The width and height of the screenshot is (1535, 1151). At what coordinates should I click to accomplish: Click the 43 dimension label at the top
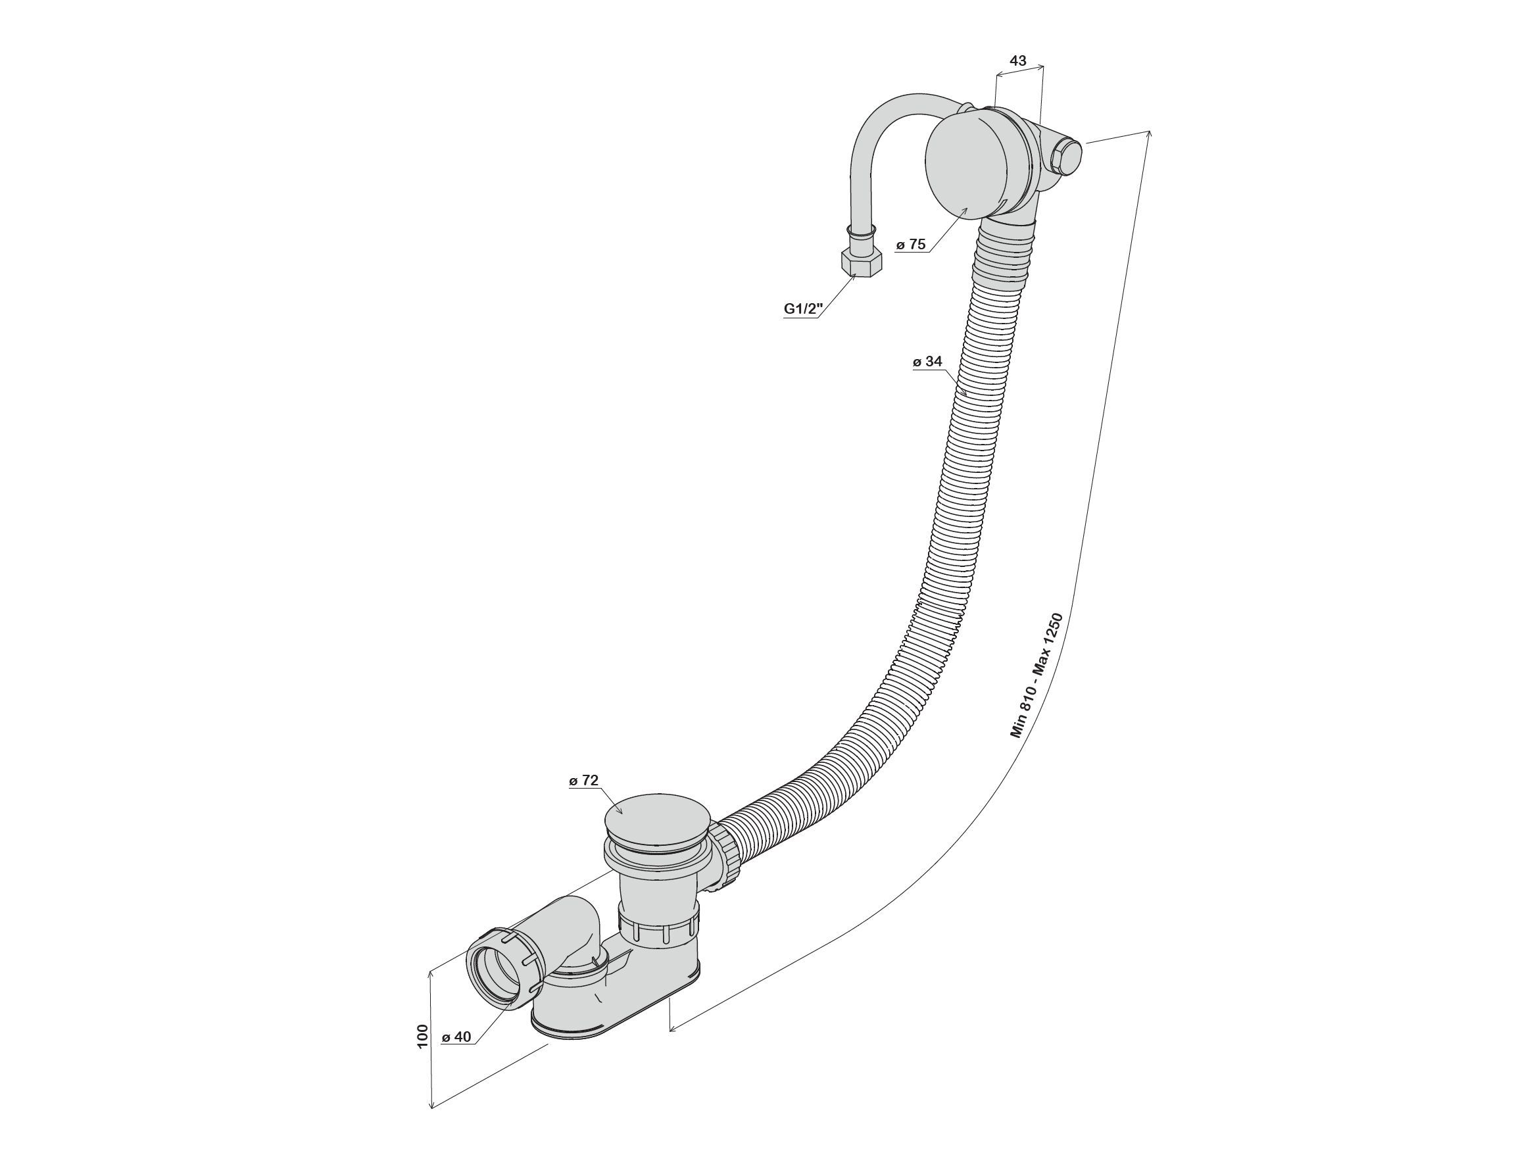coord(1018,61)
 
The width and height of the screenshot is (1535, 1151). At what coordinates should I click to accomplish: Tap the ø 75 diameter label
coord(911,244)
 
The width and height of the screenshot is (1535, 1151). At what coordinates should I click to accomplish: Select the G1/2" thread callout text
coord(804,308)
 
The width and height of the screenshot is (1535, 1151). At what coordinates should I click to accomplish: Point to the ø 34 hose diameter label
coord(928,362)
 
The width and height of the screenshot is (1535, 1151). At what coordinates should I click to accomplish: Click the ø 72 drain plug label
coord(583,781)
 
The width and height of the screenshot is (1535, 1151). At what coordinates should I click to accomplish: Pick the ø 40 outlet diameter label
coord(456,1056)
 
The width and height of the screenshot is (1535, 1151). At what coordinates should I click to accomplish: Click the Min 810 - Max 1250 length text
coord(1036,675)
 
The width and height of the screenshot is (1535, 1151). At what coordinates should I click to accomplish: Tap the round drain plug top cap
coord(657,818)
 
